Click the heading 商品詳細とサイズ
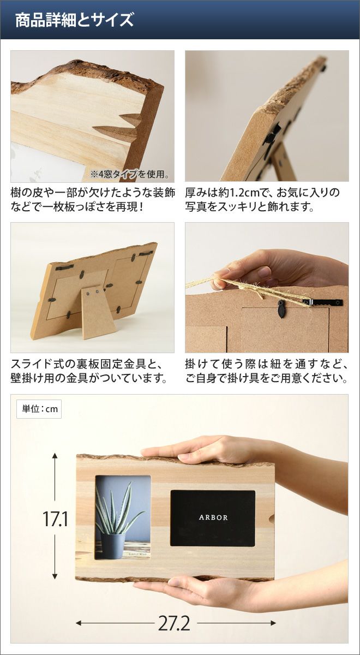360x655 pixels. click(x=74, y=20)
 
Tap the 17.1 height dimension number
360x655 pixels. click(x=55, y=519)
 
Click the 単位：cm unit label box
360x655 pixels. click(x=39, y=409)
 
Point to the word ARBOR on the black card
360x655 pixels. click(x=213, y=517)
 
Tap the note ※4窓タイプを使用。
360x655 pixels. click(x=130, y=175)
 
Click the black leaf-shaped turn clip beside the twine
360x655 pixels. click(x=281, y=309)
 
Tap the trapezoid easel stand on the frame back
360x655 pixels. click(x=98, y=313)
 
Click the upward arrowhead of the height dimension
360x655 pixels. click(x=55, y=456)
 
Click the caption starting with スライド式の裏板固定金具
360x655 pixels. click(x=89, y=371)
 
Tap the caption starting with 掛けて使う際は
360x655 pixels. click(x=267, y=371)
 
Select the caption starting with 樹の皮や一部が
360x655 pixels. click(x=93, y=200)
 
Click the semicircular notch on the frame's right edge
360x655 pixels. click(x=272, y=519)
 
